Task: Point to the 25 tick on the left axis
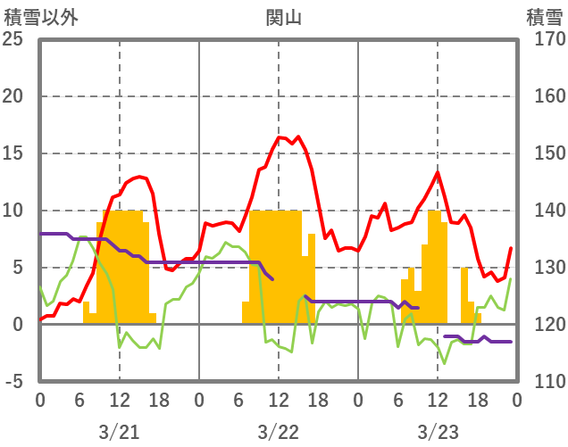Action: pos(14,39)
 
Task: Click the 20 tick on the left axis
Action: pos(14,96)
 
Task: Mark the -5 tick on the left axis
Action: pos(14,382)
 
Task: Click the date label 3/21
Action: pos(120,433)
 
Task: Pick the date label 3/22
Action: pos(279,433)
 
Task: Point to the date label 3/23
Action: pos(438,433)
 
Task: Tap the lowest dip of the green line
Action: pos(444,364)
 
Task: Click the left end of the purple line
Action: pos(40,234)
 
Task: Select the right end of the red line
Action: pos(511,248)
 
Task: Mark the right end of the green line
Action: pos(511,278)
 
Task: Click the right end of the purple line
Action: pos(511,342)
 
